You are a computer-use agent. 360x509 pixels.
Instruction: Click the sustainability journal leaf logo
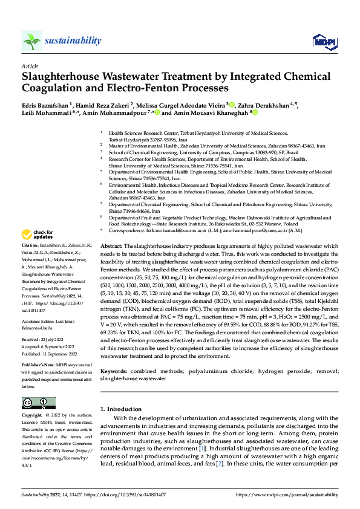31,41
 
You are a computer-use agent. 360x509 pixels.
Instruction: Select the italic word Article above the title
30,66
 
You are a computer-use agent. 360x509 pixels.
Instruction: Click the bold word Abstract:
111,247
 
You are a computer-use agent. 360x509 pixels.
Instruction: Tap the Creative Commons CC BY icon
38,403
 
